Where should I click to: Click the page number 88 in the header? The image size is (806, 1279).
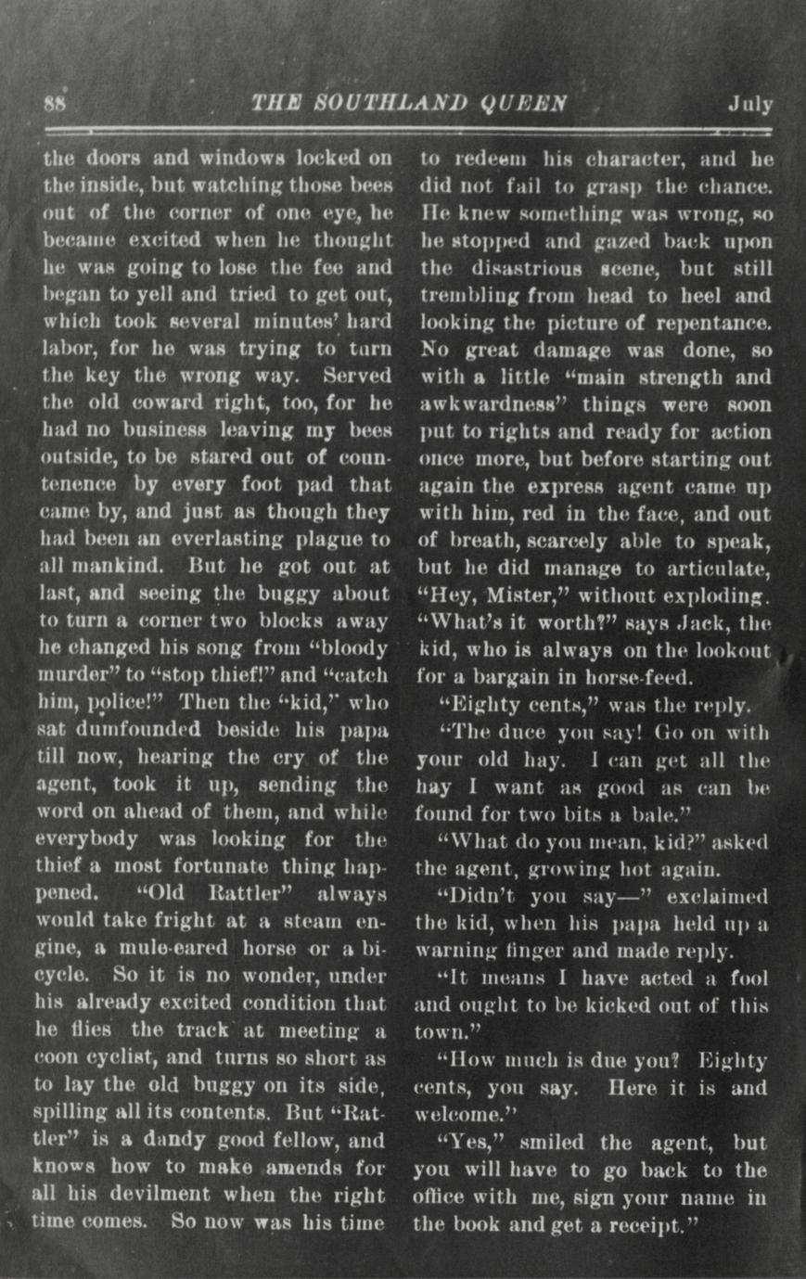tap(52, 103)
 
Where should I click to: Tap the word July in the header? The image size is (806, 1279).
tap(749, 103)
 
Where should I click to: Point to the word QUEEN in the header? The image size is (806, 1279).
tap(530, 103)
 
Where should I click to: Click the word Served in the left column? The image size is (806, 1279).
tap(358, 377)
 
